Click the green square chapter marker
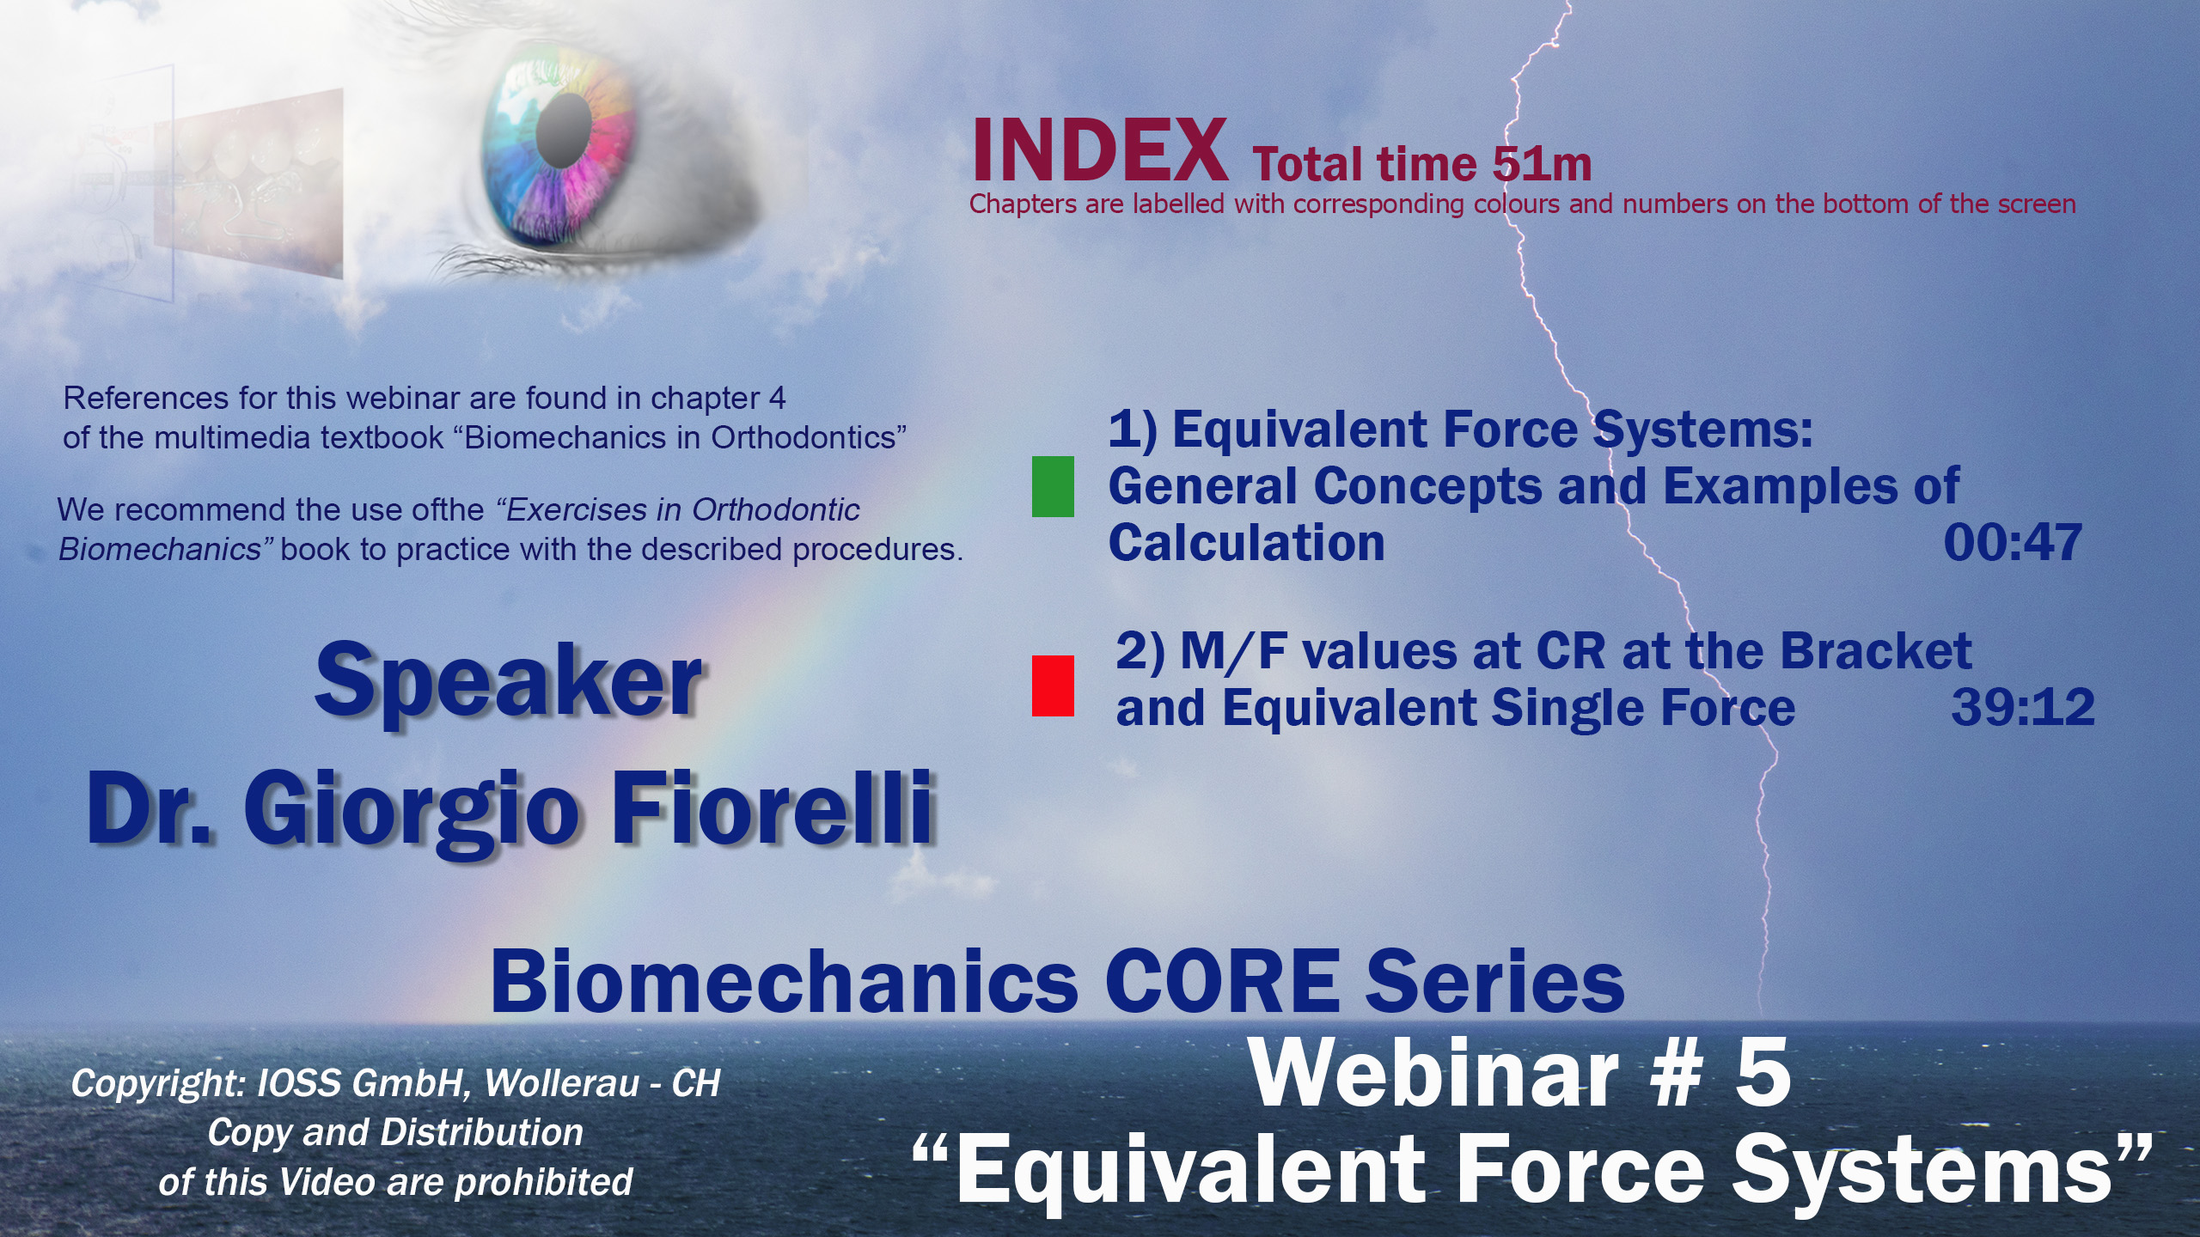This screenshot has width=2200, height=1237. pos(1053,486)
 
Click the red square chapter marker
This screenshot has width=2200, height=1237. pos(1053,686)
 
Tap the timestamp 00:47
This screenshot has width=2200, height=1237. pos(2013,543)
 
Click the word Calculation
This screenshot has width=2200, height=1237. pos(1246,543)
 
